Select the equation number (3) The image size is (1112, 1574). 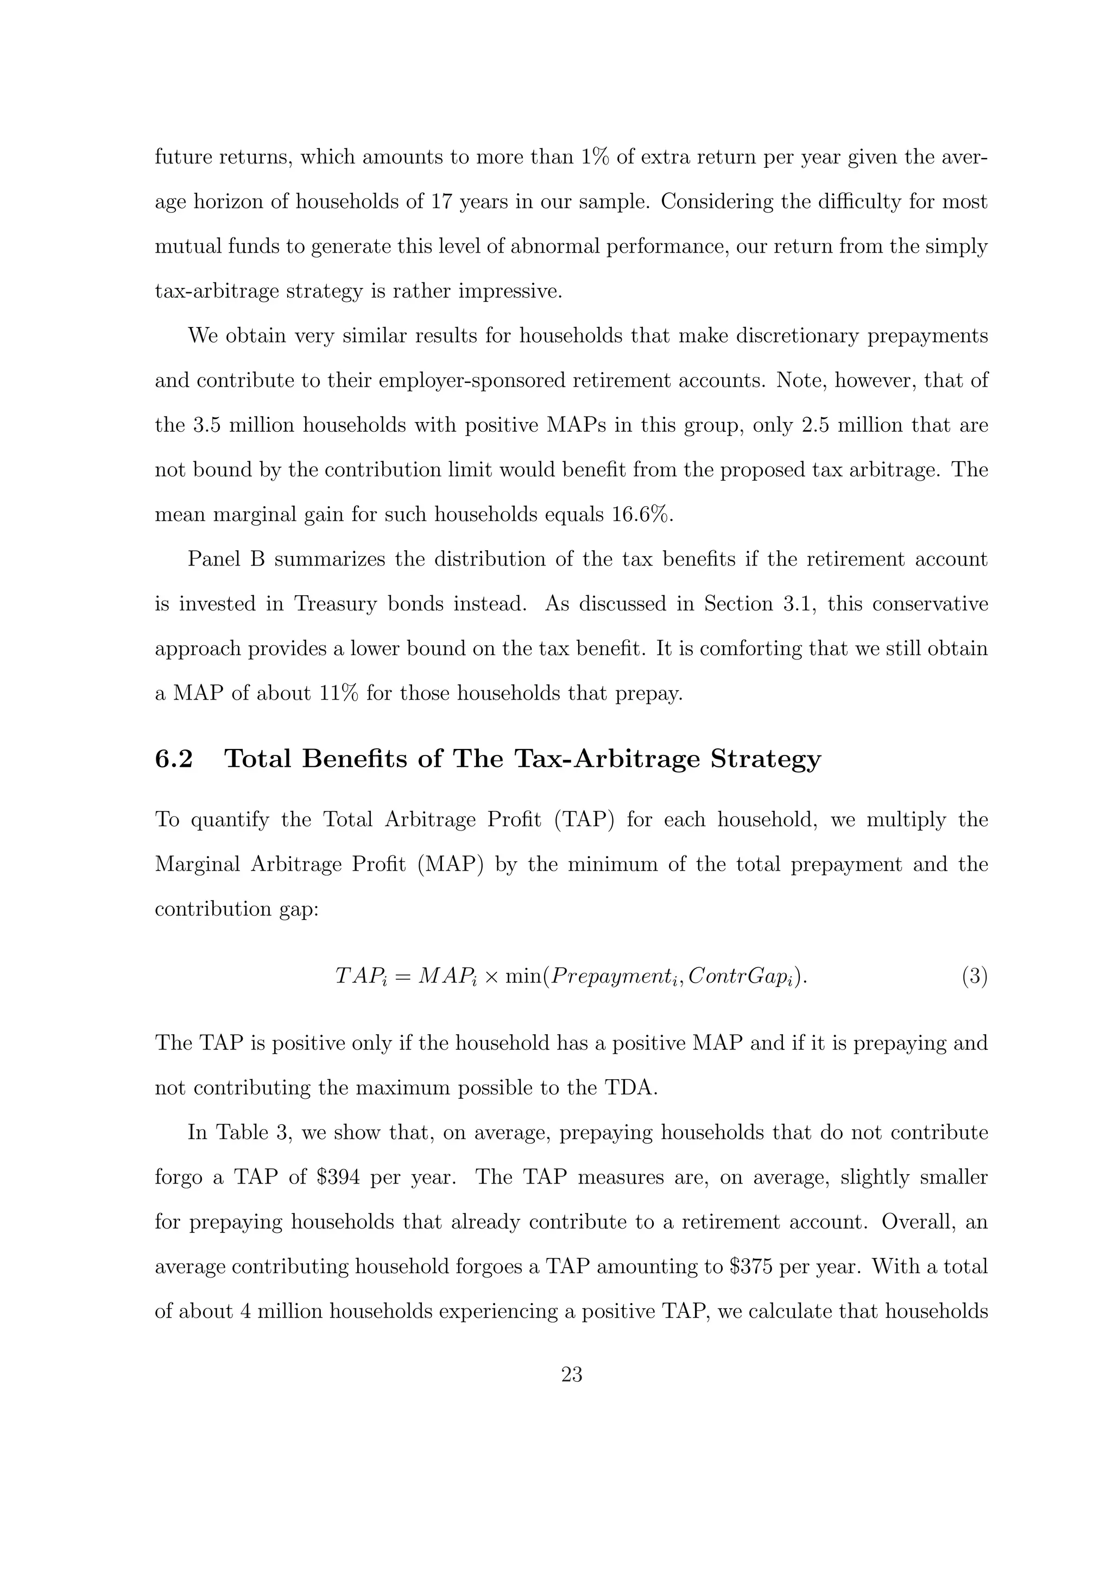point(974,976)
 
